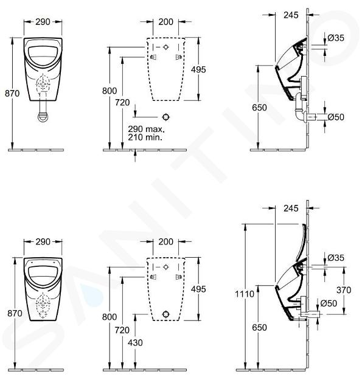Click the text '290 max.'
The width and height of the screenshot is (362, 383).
point(146,129)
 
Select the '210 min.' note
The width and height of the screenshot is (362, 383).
point(145,137)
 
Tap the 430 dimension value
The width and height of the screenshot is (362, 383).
point(135,343)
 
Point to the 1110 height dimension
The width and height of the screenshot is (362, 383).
point(245,294)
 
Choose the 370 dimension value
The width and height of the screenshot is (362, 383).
point(344,290)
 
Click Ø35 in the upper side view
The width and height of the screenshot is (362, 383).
point(336,38)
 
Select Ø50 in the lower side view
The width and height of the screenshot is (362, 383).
point(329,303)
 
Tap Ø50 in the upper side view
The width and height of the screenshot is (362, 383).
point(336,117)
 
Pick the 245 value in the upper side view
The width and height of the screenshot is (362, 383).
point(291,15)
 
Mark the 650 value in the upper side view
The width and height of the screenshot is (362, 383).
point(259,108)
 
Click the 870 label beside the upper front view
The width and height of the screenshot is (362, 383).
point(12,93)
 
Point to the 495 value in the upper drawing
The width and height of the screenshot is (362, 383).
point(198,70)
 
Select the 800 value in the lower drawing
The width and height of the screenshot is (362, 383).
point(110,317)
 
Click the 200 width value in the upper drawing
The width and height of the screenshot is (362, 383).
point(165,22)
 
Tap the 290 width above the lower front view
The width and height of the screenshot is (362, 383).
point(43,241)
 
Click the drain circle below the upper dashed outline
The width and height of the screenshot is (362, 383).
point(166,117)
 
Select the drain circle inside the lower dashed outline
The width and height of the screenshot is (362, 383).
point(166,314)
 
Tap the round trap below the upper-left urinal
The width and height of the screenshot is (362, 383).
point(43,117)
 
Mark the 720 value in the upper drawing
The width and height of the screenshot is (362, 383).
point(122,102)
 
